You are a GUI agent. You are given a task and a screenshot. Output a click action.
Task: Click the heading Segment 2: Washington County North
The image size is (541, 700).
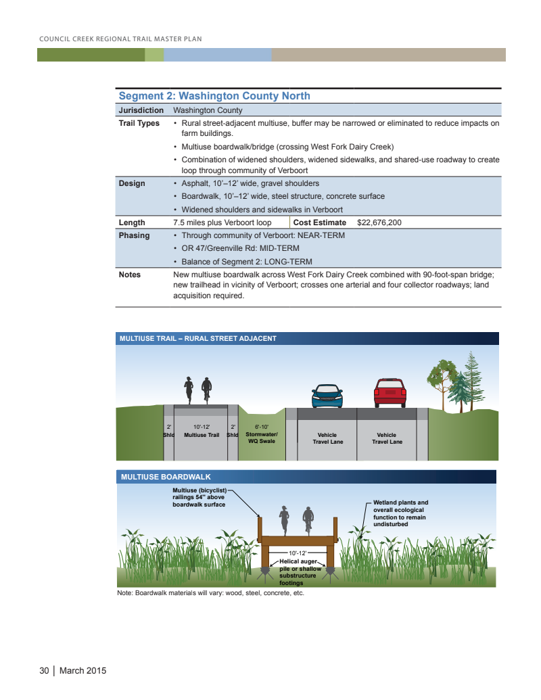[x=214, y=96]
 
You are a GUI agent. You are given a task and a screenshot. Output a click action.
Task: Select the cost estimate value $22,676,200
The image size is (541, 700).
[x=379, y=223]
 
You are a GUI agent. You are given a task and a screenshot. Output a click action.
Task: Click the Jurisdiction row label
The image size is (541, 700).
[x=141, y=110]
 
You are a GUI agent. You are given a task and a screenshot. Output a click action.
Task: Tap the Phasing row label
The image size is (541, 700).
[x=134, y=235]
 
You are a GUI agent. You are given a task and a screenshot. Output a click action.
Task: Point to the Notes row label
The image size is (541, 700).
[x=129, y=275]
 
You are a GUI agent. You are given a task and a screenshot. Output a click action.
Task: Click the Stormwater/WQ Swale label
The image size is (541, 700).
[x=262, y=434]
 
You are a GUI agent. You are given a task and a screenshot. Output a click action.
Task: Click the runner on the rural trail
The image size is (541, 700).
[x=189, y=390]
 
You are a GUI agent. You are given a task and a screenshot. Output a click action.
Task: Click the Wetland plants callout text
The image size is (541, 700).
[x=401, y=513]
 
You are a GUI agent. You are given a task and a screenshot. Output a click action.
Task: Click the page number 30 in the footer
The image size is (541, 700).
[x=44, y=671]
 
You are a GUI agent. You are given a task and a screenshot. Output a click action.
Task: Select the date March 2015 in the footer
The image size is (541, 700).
[x=83, y=671]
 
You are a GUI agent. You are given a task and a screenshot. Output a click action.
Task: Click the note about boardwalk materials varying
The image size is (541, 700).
[x=210, y=593]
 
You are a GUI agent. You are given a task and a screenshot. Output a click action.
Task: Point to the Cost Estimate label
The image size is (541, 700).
[x=319, y=223]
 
